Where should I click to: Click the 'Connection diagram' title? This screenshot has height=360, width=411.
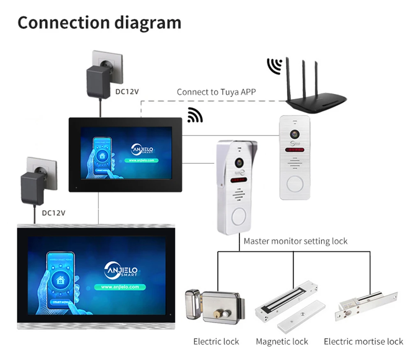pos(99,23)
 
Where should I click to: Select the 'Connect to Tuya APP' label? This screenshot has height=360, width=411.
pos(216,92)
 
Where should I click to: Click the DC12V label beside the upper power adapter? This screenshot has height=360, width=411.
pos(127,91)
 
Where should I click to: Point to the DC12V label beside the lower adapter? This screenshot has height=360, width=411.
pos(53,213)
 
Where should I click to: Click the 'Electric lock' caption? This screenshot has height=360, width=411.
pos(216,341)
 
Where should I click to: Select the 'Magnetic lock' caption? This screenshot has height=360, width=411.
pos(282,341)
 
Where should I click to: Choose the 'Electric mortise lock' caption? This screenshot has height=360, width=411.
pos(363,341)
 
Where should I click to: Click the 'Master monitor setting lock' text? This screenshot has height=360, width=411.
pos(296,241)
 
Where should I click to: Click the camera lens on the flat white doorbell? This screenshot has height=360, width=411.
pos(294,134)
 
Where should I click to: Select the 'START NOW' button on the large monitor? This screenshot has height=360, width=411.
pos(60,303)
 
